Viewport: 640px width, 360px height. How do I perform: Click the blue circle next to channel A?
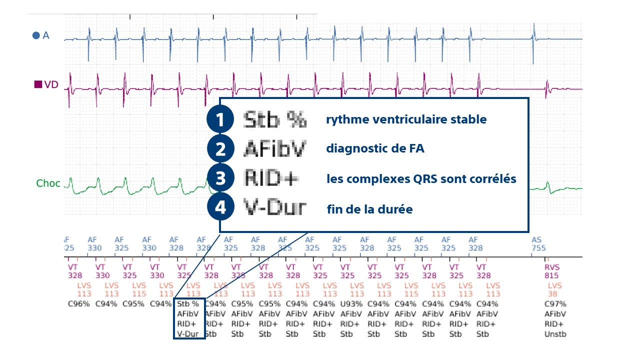coord(36,35)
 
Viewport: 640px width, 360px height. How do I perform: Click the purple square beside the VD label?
coord(38,84)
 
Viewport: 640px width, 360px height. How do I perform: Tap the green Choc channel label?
coord(48,183)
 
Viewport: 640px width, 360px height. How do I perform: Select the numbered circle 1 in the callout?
coord(220,120)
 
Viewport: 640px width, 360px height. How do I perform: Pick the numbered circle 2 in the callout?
coord(220,149)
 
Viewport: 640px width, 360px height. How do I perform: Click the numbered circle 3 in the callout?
coord(220,178)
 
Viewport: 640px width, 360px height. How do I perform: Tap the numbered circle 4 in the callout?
coord(220,207)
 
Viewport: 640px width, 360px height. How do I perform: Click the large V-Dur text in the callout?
coord(275,207)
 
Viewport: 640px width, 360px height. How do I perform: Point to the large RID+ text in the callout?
coord(271,178)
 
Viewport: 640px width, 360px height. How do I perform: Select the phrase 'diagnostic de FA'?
coord(375,149)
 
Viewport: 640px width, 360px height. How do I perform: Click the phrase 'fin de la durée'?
coord(369,209)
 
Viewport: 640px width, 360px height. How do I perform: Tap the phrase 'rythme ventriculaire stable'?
coord(406,120)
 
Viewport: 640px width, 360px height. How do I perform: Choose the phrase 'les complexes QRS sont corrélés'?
coord(421,179)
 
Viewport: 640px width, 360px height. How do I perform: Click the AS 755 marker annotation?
coord(538,244)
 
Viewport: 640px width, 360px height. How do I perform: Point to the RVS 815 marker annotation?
coord(552,271)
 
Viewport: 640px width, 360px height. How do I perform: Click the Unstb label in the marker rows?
coord(555,334)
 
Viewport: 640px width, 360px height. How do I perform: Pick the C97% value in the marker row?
coord(555,303)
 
